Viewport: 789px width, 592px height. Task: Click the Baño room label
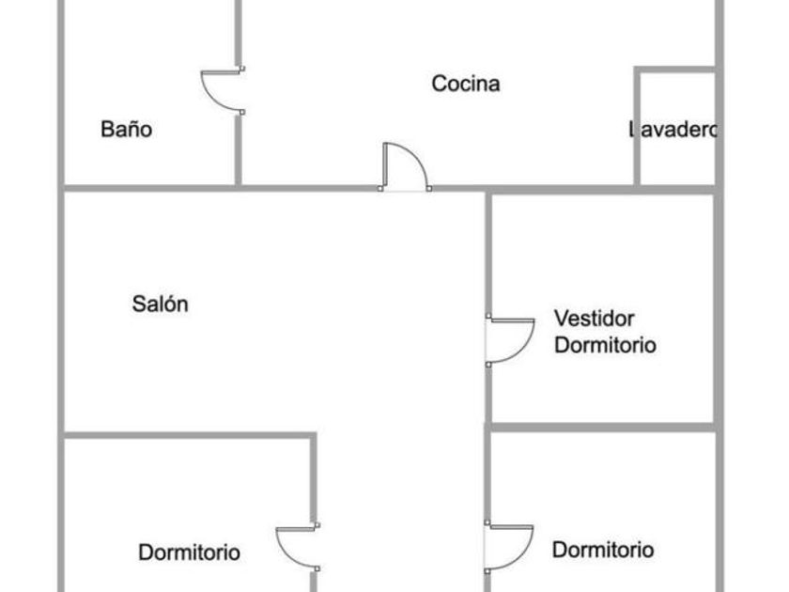point(126,130)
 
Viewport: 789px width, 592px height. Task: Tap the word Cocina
point(466,84)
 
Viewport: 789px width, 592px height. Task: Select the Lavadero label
point(673,130)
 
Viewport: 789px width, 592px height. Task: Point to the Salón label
point(160,304)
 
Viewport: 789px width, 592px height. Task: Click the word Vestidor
point(594,318)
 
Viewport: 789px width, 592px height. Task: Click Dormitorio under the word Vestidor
point(605,345)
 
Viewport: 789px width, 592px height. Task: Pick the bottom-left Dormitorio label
point(189,552)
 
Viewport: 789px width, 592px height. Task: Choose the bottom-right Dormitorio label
point(603,550)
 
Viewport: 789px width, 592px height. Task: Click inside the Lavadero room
point(676,160)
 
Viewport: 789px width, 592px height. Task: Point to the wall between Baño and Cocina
point(238,150)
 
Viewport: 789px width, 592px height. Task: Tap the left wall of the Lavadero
point(638,127)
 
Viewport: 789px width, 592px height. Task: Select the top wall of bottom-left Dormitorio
point(188,435)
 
